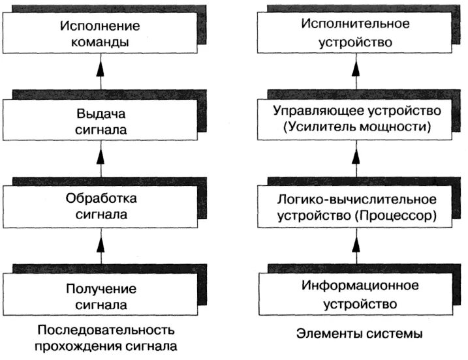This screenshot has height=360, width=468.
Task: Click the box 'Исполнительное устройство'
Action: pos(356,34)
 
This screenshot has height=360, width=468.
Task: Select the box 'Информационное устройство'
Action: pos(356,295)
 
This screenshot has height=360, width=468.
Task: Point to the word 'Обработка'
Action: pos(102,198)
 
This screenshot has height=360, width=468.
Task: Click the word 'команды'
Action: pos(101,42)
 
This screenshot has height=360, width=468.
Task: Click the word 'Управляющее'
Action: pos(313,112)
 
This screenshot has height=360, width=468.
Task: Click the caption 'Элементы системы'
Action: pos(358,334)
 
